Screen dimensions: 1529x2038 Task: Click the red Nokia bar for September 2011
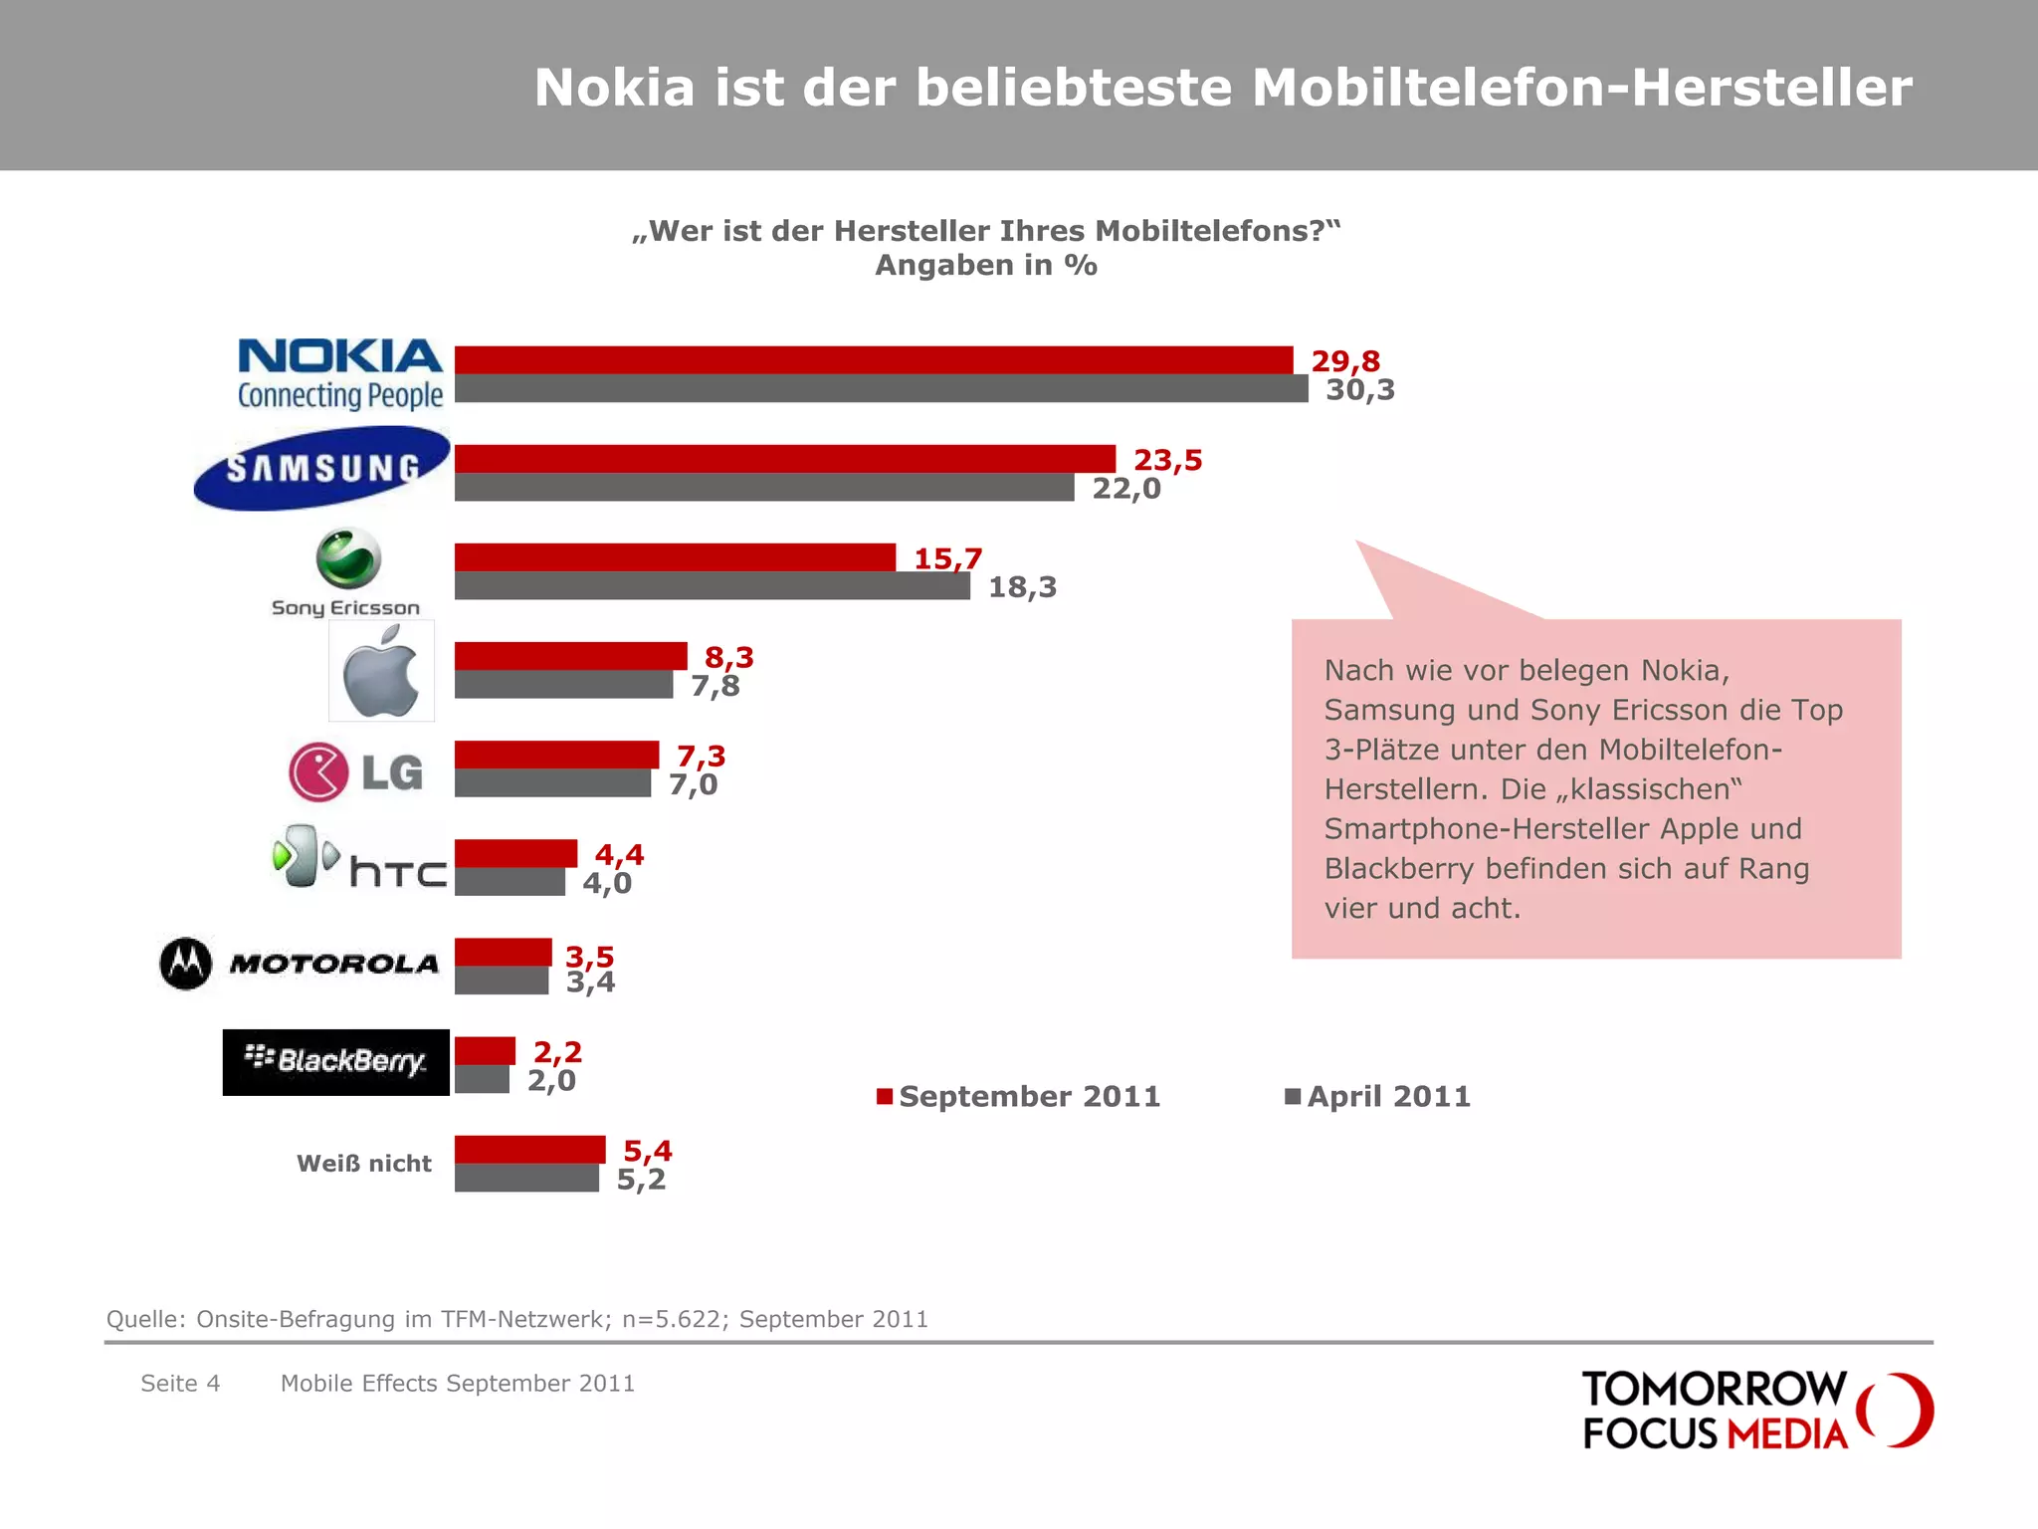click(874, 359)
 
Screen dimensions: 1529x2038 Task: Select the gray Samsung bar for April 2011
click(764, 488)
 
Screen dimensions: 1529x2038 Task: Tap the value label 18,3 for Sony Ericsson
click(1022, 587)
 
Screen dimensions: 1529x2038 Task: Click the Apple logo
click(381, 672)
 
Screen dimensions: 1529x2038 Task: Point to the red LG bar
click(556, 755)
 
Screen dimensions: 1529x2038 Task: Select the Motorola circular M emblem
click(186, 964)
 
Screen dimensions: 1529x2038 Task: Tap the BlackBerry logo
click(336, 1062)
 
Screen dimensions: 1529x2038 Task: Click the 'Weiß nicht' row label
click(364, 1164)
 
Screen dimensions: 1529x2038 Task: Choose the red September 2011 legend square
click(884, 1097)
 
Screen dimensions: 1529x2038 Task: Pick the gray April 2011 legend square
click(1293, 1097)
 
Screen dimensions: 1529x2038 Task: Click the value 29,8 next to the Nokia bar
click(1345, 361)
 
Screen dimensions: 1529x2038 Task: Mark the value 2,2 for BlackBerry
click(557, 1052)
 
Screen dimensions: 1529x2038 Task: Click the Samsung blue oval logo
click(321, 468)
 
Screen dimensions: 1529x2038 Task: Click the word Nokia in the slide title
click(614, 88)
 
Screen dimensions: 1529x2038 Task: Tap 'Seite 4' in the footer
click(180, 1384)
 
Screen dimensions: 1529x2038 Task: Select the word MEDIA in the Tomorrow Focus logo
click(1786, 1434)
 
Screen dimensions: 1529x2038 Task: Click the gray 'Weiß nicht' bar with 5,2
click(526, 1179)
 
